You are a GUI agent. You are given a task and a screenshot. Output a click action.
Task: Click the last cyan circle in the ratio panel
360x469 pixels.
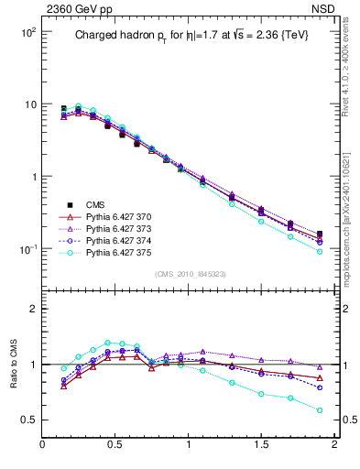click(320, 410)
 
